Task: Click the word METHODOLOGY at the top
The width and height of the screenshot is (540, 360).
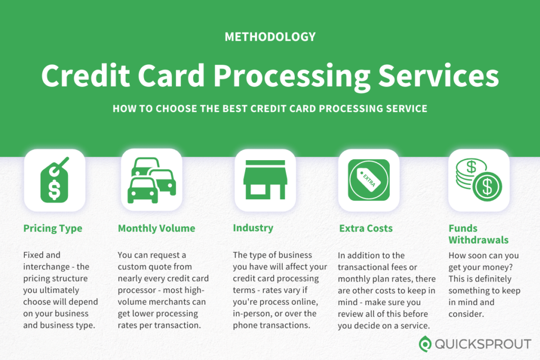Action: pyautogui.click(x=270, y=37)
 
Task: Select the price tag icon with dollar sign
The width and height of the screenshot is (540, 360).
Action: pyautogui.click(x=54, y=180)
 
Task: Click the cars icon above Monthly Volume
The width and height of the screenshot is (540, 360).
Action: pyautogui.click(x=152, y=180)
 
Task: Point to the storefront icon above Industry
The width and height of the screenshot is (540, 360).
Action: pyautogui.click(x=265, y=180)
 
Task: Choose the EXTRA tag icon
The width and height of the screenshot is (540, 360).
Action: pyautogui.click(x=369, y=180)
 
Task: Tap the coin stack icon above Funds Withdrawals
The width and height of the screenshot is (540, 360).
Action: pyautogui.click(x=479, y=180)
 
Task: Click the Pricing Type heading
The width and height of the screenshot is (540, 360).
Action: pyautogui.click(x=53, y=228)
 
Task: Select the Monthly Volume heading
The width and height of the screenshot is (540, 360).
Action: pyautogui.click(x=157, y=228)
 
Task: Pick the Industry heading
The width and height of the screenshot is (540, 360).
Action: pyautogui.click(x=253, y=228)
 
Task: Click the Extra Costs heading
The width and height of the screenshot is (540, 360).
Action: pyautogui.click(x=366, y=228)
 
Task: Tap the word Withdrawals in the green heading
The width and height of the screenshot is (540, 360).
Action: pyautogui.click(x=478, y=240)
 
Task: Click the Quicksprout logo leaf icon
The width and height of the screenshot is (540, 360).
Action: pyautogui.click(x=425, y=344)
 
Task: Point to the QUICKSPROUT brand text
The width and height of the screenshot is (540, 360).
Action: pyautogui.click(x=483, y=344)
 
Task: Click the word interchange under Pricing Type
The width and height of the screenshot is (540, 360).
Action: pyautogui.click(x=47, y=267)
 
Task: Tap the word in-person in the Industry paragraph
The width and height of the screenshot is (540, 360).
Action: pyautogui.click(x=251, y=314)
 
